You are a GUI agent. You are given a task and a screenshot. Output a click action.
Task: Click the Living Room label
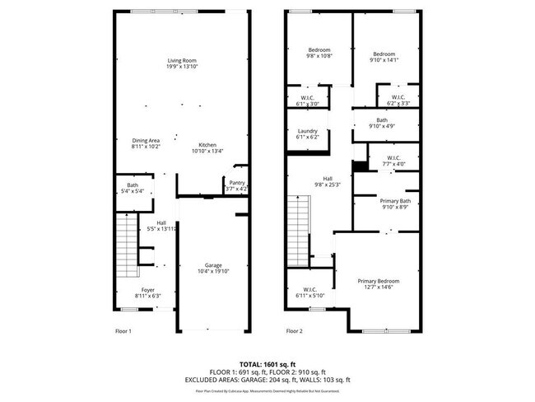181,63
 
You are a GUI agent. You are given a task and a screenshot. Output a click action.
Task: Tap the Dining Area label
147,143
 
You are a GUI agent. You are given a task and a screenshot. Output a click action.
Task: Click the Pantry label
236,185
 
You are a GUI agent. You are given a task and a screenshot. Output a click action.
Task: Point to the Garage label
213,268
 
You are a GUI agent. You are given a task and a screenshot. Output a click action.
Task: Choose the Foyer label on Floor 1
147,292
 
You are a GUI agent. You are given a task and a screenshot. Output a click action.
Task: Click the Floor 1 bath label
133,189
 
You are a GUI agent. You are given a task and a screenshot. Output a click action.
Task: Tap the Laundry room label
307,133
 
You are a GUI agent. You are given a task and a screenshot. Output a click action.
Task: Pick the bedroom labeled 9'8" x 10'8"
319,53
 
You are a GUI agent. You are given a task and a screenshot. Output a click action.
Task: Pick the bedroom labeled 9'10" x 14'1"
383,57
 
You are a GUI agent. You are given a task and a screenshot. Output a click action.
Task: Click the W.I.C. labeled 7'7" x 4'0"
391,160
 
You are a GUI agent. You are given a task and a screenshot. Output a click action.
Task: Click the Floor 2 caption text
294,330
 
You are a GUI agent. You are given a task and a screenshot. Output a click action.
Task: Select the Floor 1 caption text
123,330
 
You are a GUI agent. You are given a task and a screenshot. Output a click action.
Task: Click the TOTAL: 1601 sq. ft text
267,363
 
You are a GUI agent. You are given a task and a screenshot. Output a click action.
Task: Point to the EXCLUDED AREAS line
267,380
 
